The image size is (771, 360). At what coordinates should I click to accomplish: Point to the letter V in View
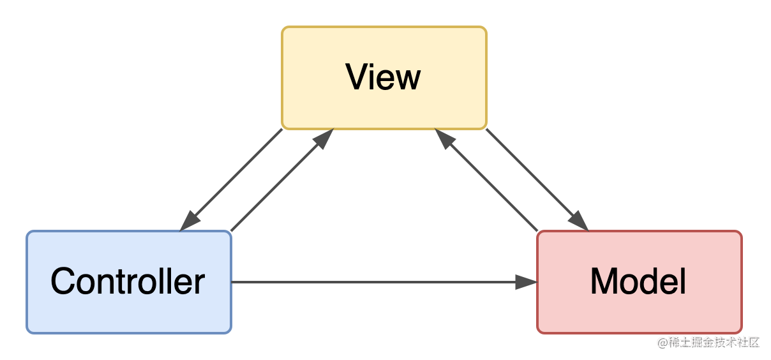tap(357, 77)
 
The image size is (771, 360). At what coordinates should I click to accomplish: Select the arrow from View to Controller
tap(232, 179)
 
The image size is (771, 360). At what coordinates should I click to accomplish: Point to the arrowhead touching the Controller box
tap(190, 221)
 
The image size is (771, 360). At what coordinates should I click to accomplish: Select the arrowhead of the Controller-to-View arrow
tap(324, 138)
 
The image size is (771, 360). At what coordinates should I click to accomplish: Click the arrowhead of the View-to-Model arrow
tap(578, 221)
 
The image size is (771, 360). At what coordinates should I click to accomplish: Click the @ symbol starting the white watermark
tap(662, 341)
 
